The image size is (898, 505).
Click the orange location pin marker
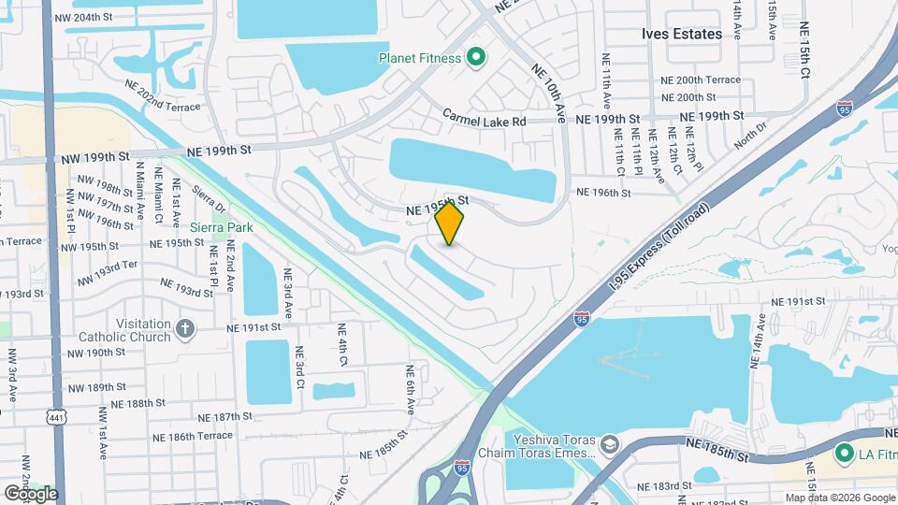[450, 224]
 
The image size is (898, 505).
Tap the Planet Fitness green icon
[475, 58]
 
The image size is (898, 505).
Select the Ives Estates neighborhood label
[682, 34]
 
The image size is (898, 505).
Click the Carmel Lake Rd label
[485, 121]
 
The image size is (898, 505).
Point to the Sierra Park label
[221, 226]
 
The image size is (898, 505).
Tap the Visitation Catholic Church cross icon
[185, 329]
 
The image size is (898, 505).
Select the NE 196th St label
[604, 193]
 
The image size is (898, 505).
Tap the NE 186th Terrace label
[192, 437]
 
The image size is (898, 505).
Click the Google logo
[30, 493]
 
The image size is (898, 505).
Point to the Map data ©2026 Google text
[839, 498]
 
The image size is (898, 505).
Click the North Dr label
[750, 137]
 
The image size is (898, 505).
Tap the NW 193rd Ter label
[108, 279]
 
